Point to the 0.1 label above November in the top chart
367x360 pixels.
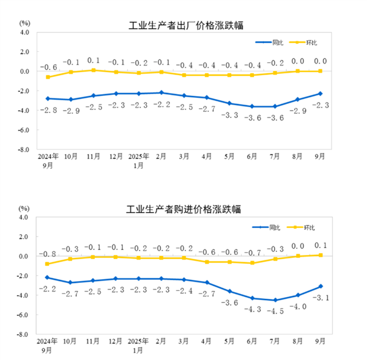pyautogui.click(x=94, y=61)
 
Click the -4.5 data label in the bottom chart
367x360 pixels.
pyautogui.click(x=275, y=310)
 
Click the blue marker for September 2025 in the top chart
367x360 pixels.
pyautogui.click(x=319, y=94)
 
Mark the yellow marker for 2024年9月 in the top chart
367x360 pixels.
pyautogui.click(x=47, y=77)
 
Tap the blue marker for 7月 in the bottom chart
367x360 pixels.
pyautogui.click(x=275, y=300)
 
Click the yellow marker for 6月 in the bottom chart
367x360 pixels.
pyautogui.click(x=252, y=263)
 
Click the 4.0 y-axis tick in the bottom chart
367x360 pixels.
pyautogui.click(x=24, y=217)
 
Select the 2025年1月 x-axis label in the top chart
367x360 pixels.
pyautogui.click(x=139, y=161)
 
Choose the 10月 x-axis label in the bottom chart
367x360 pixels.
pyautogui.click(x=71, y=342)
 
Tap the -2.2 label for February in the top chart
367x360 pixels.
pyautogui.click(x=161, y=104)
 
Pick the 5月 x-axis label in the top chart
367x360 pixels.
pyautogui.click(x=229, y=157)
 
